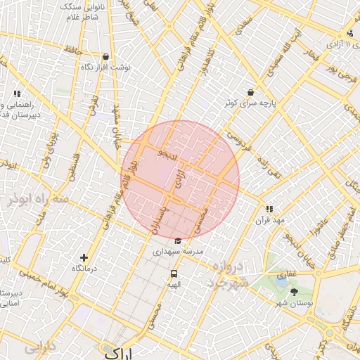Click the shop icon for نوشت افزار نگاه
(105, 57)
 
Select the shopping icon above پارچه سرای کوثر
(250, 92)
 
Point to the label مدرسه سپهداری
(179, 251)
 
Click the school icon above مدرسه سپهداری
(177, 241)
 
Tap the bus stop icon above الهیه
(174, 274)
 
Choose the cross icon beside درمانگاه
(84, 258)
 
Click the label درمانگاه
(85, 269)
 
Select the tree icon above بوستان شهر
(294, 291)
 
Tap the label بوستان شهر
(293, 302)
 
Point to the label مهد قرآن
(269, 220)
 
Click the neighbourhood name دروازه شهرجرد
(226, 275)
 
